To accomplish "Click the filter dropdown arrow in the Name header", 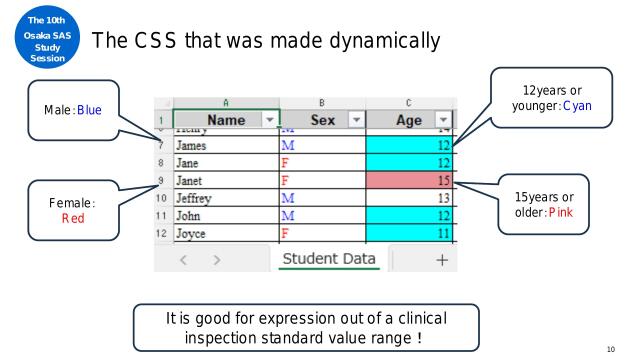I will tap(265, 120).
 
